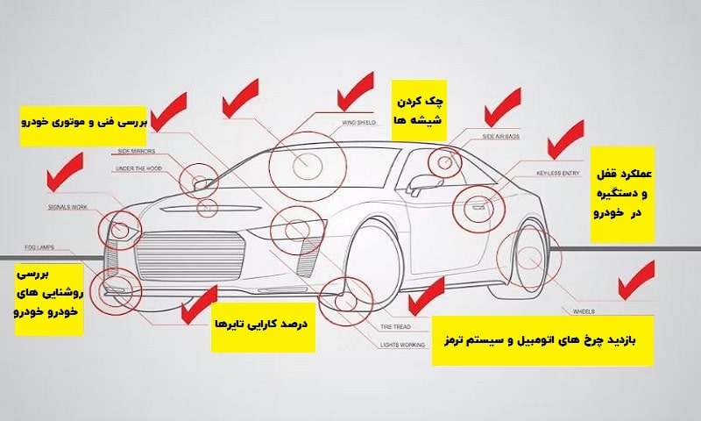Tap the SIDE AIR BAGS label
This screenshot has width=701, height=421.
501,138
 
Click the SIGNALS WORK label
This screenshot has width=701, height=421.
67,207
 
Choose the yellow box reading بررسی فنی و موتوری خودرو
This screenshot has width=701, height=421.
83,122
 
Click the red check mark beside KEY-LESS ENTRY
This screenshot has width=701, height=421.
564,138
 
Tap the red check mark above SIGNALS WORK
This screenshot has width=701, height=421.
65,172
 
